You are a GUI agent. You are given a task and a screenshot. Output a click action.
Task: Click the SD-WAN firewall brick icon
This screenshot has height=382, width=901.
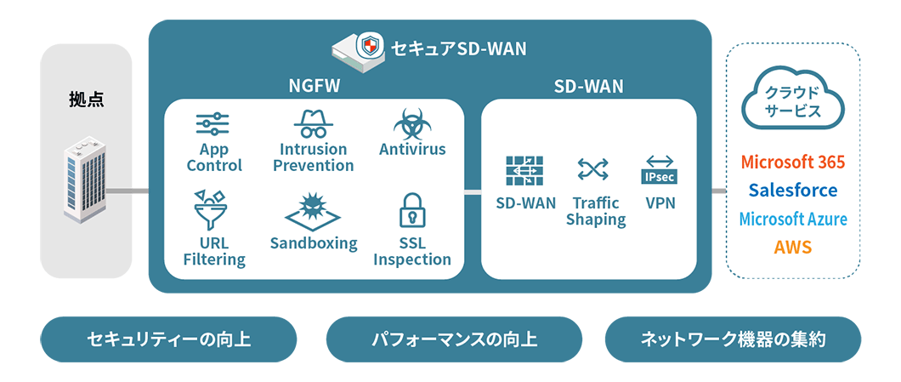525,171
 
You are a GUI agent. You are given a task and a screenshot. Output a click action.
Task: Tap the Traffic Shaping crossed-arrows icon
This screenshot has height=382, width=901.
592,169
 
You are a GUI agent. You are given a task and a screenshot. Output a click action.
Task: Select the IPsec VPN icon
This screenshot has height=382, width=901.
660,170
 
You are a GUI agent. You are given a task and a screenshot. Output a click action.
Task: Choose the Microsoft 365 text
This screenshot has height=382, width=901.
793,162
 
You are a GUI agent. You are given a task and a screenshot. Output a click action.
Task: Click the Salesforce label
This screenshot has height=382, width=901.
793,191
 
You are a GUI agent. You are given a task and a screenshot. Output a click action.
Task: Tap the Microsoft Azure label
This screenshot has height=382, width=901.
793,219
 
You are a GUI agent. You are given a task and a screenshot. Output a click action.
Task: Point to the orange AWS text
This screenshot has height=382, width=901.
793,248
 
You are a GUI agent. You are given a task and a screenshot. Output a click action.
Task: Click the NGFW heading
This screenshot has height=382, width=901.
314,86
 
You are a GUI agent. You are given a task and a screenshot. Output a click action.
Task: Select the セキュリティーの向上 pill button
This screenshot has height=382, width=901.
168,339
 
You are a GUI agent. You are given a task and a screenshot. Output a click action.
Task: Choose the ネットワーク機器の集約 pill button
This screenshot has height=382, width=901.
732,339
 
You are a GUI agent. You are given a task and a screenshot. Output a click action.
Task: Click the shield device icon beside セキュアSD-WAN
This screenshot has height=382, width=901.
358,48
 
